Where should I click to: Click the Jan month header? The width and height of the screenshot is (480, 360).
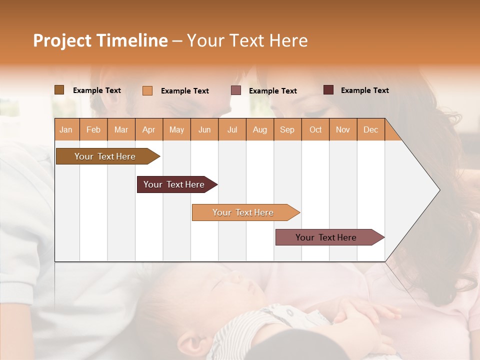tap(66, 129)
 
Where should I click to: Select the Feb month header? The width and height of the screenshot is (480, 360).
tap(93, 129)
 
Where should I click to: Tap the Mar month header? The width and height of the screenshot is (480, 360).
tap(121, 129)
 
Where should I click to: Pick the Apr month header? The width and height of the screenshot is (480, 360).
tap(148, 129)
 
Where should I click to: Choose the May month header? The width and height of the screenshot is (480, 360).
tap(176, 129)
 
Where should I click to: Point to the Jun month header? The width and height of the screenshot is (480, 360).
tap(204, 129)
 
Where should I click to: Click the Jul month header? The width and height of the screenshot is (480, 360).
tap(232, 129)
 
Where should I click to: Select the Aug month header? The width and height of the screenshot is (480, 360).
tap(259, 129)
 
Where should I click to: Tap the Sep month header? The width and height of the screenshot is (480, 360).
tap(287, 129)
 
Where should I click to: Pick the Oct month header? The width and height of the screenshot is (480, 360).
tap(315, 129)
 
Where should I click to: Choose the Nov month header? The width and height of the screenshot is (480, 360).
tap(343, 129)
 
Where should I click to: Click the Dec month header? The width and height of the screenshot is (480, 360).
tap(370, 129)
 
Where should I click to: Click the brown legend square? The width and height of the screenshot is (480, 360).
tap(59, 90)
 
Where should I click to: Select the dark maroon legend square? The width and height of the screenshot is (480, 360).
tap(328, 90)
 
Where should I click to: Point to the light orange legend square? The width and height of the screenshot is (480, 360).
tap(147, 90)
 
